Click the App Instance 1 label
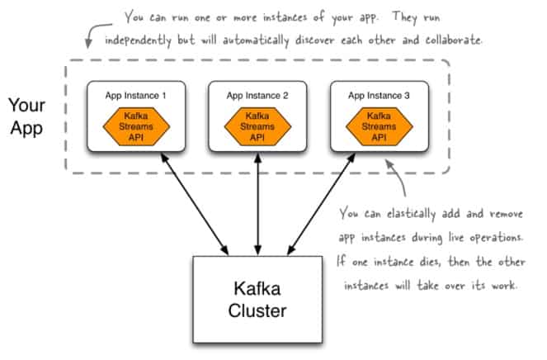135,95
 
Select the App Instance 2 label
257,95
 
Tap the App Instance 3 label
379,95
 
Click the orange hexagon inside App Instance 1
136,126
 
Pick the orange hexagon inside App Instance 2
257,126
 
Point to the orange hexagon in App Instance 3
380,126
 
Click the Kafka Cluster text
257,300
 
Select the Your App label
27,117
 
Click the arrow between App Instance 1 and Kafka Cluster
195,204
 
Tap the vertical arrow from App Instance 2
257,204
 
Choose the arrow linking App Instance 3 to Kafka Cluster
321,204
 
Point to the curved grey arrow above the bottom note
398,177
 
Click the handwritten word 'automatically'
256,40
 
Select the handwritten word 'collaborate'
453,40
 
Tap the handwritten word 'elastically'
412,213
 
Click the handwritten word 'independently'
138,40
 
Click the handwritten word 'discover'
315,40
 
